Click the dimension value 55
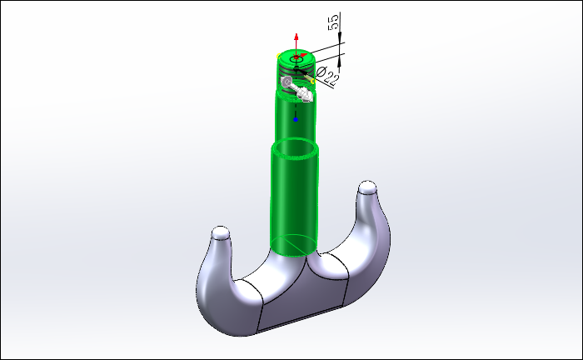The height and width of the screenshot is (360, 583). point(333,22)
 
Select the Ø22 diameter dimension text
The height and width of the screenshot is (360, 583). point(327,75)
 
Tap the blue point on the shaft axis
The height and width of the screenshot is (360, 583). point(296,119)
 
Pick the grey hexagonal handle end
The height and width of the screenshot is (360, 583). point(287,82)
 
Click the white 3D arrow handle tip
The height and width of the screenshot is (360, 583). point(307,96)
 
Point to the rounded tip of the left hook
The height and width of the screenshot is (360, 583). point(221,232)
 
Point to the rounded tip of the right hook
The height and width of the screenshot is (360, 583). point(367,187)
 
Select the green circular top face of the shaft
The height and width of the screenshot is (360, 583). point(296,58)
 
